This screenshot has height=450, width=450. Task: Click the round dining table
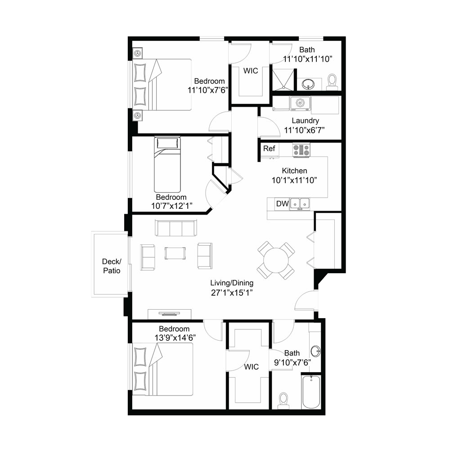[x=276, y=260]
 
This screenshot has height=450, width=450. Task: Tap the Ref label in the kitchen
[x=269, y=148]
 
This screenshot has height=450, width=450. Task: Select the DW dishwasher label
[x=283, y=203]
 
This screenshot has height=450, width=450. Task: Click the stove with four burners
[x=301, y=150]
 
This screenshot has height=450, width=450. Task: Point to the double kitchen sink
[x=300, y=204]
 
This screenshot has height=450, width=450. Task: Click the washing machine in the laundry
[x=300, y=103]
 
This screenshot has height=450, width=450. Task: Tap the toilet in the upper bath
[x=333, y=82]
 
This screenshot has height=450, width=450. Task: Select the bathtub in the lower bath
[x=311, y=391]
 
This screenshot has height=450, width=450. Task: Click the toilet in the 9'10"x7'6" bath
[x=283, y=400]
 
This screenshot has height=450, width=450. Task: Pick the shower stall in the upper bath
[x=283, y=80]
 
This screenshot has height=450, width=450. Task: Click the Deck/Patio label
[x=112, y=266]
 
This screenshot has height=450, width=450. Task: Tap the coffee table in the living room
[x=175, y=253]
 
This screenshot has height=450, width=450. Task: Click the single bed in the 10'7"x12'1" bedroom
[x=167, y=164]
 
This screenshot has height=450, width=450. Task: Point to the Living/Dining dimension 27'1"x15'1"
[x=232, y=293]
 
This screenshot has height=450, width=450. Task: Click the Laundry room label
[x=306, y=121]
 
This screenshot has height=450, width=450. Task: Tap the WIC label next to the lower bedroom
[x=252, y=367]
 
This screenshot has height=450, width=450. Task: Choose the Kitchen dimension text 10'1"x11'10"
[x=294, y=180]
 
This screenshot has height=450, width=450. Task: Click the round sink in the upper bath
[x=308, y=84]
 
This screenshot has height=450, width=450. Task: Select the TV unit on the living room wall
[x=170, y=314]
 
